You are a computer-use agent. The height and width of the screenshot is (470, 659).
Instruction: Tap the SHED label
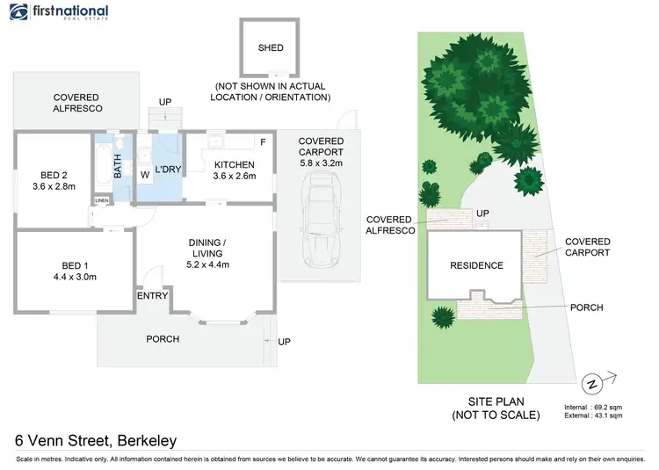coord(271,49)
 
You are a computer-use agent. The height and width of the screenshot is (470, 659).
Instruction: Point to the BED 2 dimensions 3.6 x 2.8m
coord(54,186)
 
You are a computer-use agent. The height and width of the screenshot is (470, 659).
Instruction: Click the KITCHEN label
coord(234,164)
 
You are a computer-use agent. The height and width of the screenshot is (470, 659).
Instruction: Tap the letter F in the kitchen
coord(262,141)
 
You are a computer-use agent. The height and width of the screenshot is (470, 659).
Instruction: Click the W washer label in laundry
coord(145,175)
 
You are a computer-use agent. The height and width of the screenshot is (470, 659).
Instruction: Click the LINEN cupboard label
coord(103,201)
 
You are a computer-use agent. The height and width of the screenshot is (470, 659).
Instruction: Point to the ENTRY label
coord(152,296)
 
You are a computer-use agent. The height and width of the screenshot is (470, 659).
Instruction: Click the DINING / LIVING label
coord(208,249)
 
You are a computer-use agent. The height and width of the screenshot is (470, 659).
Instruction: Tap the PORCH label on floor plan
coord(163,339)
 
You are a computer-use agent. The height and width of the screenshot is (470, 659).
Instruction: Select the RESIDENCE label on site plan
coord(477,265)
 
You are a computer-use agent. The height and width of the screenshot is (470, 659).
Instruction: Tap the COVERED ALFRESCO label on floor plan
coord(76,103)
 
